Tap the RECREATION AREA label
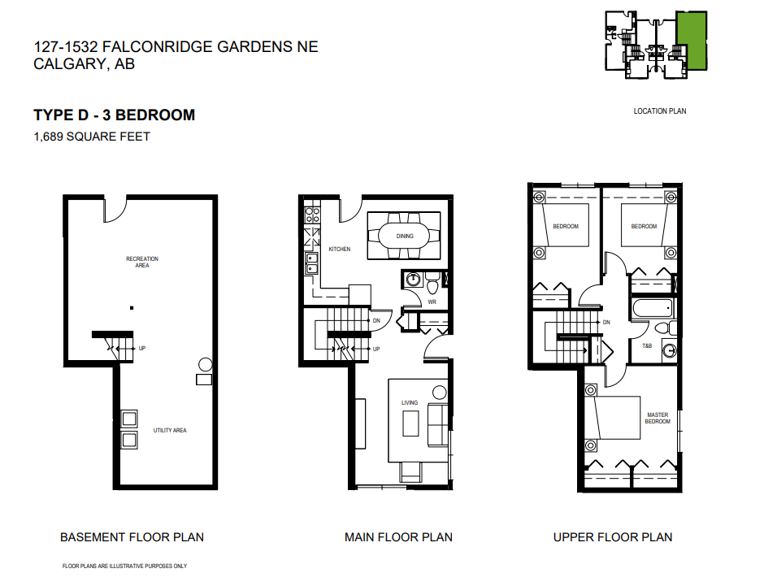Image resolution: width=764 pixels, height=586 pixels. (x=142, y=262)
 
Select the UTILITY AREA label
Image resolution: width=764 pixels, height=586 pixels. (x=170, y=430)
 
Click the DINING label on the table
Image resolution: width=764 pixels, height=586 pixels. (x=405, y=237)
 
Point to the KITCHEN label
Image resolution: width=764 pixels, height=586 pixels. (x=340, y=249)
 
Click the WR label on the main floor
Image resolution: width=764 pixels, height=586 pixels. (x=432, y=302)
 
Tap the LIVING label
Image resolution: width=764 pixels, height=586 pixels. (x=410, y=403)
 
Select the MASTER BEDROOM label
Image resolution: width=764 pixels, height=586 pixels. (x=658, y=419)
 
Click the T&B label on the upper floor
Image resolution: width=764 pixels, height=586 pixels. (x=647, y=346)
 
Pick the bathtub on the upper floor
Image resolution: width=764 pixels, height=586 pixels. (x=653, y=308)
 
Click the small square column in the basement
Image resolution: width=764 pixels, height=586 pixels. (x=132, y=308)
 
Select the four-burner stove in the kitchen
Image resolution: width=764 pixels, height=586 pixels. (x=312, y=215)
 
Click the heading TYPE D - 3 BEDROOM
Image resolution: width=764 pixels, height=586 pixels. (x=115, y=115)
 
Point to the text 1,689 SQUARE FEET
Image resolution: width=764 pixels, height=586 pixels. (x=92, y=137)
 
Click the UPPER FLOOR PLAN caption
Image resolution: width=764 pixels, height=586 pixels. (x=613, y=537)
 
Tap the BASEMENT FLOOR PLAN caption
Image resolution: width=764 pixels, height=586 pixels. (x=132, y=537)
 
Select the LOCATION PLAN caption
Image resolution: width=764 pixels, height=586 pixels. (x=660, y=111)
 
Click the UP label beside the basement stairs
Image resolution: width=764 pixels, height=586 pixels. (x=142, y=349)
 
